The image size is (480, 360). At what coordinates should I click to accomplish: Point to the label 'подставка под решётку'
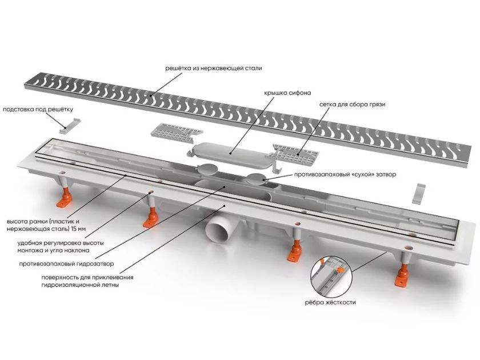(38, 109)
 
